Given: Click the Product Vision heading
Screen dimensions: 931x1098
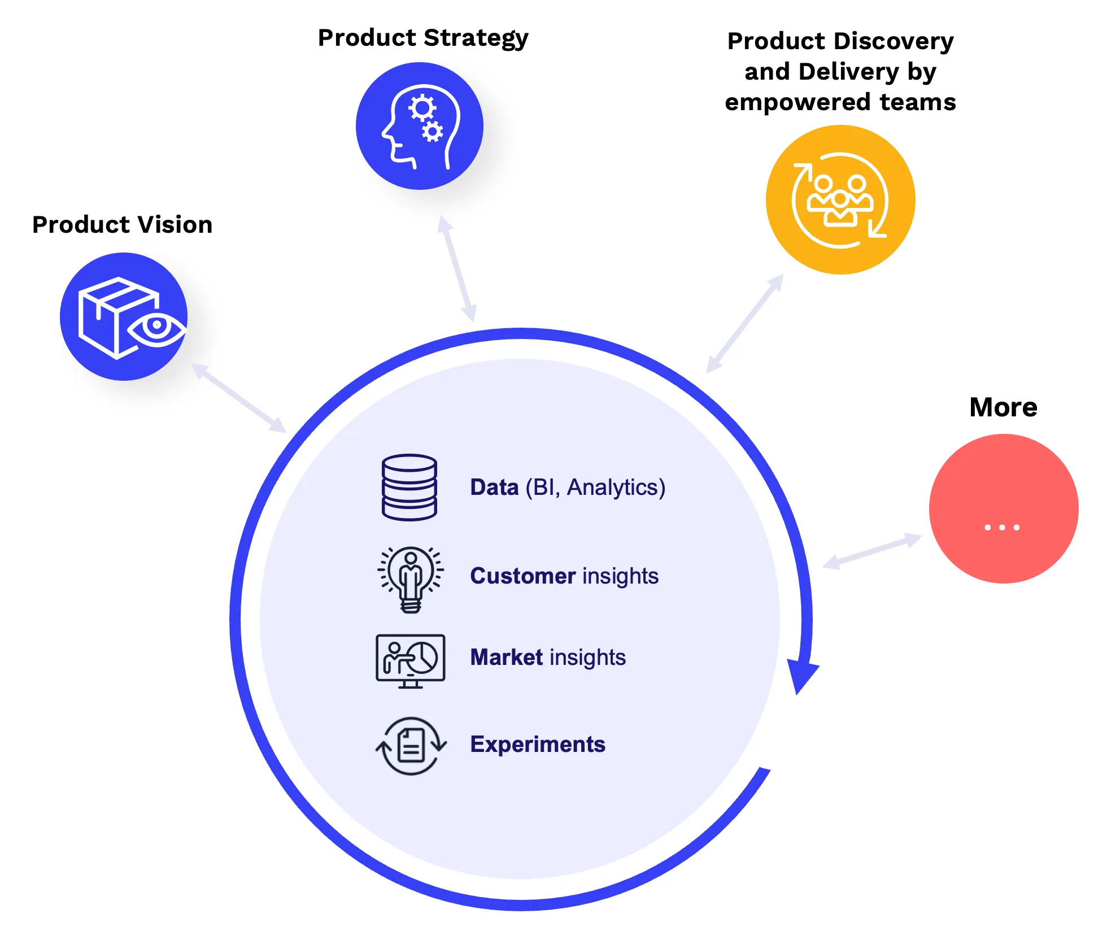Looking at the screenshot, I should click(122, 225).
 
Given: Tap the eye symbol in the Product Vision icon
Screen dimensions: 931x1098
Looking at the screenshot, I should click(156, 327).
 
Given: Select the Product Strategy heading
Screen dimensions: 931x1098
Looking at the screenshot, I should click(423, 38).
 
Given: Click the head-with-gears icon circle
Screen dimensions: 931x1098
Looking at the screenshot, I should click(420, 126).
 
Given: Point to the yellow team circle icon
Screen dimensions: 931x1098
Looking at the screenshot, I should click(840, 200).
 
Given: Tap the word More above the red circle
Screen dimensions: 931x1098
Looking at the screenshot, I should click(1003, 407).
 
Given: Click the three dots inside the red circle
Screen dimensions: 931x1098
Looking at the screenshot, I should click(1002, 527).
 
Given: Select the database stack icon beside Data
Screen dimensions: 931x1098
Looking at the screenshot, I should click(409, 487).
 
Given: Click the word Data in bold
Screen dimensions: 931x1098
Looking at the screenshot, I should click(494, 488).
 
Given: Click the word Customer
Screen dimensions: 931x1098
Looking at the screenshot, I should click(523, 576).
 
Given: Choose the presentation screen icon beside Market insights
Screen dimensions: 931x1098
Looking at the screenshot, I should click(411, 660).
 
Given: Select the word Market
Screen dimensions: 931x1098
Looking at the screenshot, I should click(506, 658).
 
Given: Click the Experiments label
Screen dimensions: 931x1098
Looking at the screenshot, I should click(538, 745).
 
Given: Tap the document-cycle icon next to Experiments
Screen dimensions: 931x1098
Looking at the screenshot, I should click(411, 746).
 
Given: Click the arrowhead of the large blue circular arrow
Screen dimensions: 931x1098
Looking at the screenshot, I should click(802, 675).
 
